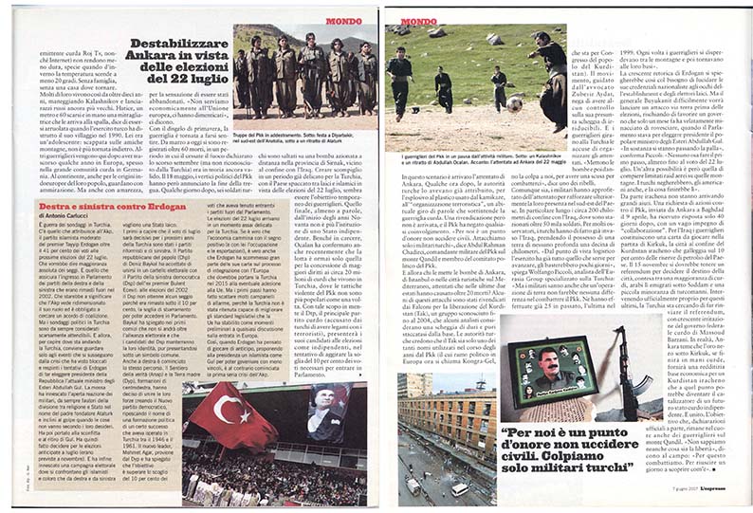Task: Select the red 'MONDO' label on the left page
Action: pyautogui.click(x=344, y=20)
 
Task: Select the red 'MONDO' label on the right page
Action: pyautogui.click(x=418, y=20)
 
